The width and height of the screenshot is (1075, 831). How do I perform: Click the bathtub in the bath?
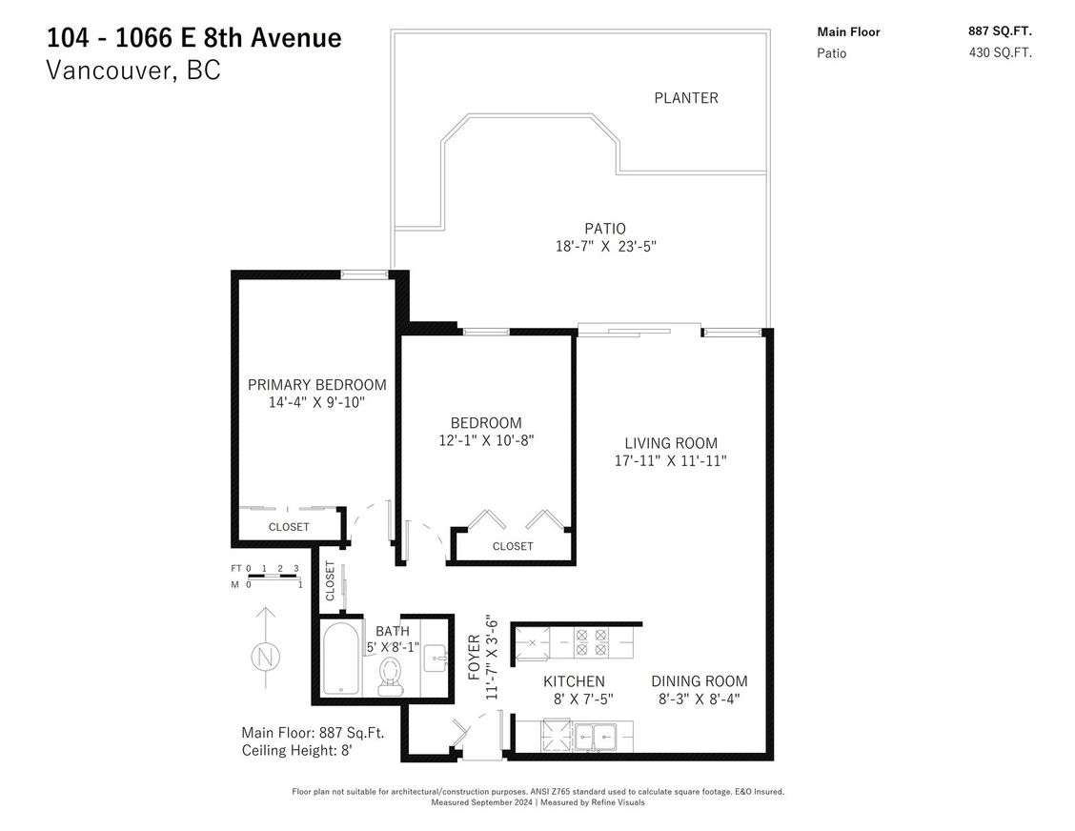pyautogui.click(x=340, y=659)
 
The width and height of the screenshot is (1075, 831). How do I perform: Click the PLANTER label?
pyautogui.click(x=685, y=98)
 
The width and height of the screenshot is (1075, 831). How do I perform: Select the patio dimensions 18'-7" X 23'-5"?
pyautogui.click(x=605, y=246)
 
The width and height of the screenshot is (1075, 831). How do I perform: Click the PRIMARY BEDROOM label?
pyautogui.click(x=317, y=385)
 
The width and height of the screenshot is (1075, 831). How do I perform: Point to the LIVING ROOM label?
pyautogui.click(x=671, y=443)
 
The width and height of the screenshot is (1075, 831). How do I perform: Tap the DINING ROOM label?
pyautogui.click(x=699, y=681)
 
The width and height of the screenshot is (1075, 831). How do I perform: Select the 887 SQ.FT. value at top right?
pyautogui.click(x=1001, y=31)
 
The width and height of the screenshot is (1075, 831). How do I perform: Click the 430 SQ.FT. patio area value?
pyautogui.click(x=1001, y=53)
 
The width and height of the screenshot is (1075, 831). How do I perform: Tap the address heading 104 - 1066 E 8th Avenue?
pyautogui.click(x=194, y=39)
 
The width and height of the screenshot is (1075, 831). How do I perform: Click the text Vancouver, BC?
pyautogui.click(x=133, y=71)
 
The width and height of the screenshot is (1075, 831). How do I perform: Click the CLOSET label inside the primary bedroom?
pyautogui.click(x=289, y=527)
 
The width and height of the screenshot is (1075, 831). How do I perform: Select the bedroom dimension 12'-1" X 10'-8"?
pyautogui.click(x=486, y=440)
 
